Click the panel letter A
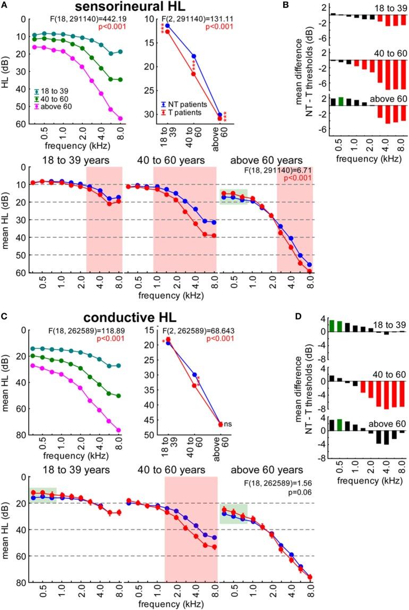5,6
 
